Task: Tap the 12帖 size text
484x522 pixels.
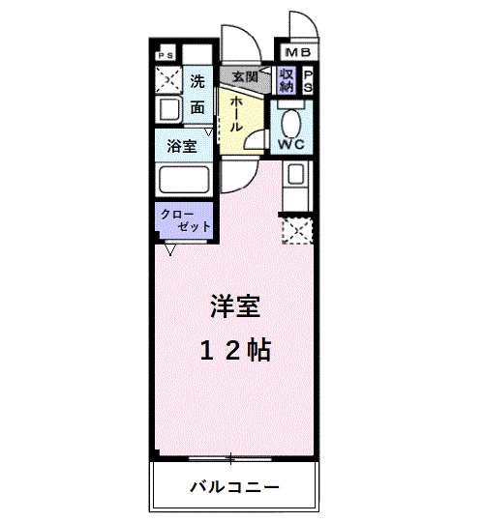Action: click(236, 351)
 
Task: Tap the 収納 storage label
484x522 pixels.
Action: click(287, 81)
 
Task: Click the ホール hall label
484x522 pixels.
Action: click(235, 116)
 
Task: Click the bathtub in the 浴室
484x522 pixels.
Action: click(184, 181)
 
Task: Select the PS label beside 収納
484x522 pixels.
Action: click(309, 81)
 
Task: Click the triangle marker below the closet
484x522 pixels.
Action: click(170, 249)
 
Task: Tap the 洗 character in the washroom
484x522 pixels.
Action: click(197, 81)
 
